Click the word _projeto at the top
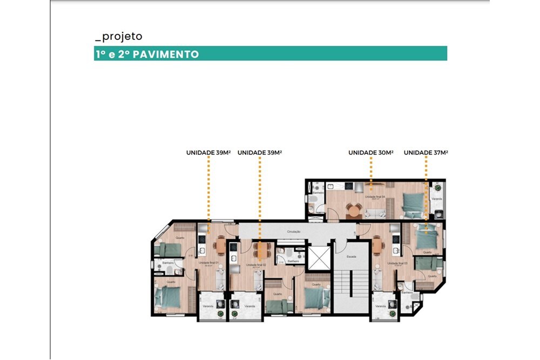pos(118,37)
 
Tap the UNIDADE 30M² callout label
pos(370,153)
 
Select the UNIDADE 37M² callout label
pos(426,153)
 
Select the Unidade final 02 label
pos(255,265)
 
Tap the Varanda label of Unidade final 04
pos(437,199)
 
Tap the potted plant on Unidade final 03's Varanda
pos(392,304)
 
